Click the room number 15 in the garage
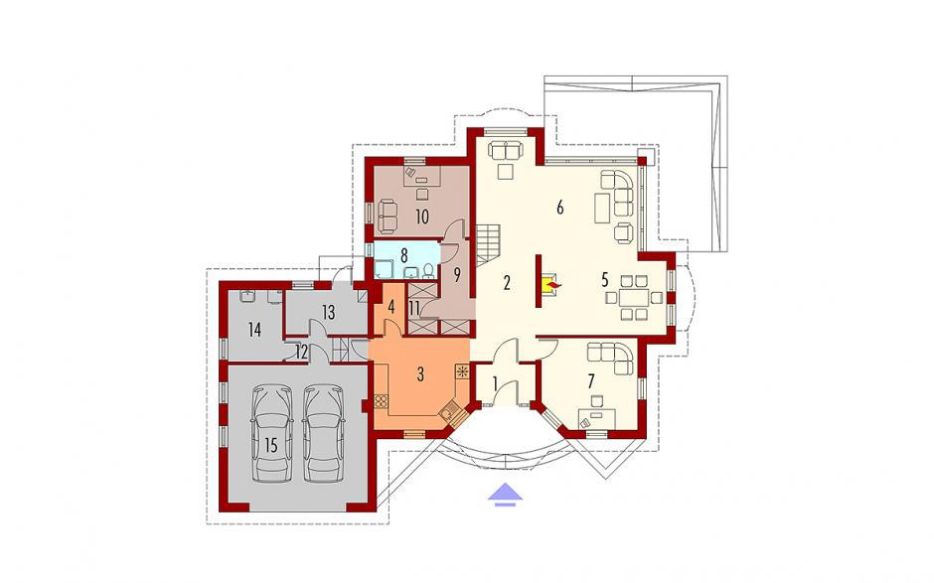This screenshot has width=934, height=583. point(271,445)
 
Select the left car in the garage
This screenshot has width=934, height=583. point(273,434)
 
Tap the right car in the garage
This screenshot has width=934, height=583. point(324,434)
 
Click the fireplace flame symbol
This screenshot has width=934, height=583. point(552,289)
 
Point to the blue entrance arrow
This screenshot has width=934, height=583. point(505,495)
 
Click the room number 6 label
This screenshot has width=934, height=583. point(560,208)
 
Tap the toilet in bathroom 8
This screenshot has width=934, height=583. point(427,272)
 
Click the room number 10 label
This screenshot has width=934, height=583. point(421,217)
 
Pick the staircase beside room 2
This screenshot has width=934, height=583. point(488,244)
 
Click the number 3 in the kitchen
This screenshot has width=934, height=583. point(420,374)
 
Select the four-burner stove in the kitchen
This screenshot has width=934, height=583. point(381,402)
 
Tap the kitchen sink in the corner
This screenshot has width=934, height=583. point(448,411)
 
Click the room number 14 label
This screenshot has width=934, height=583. point(255,330)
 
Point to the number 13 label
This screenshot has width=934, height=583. point(328,312)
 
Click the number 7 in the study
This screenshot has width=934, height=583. point(590,380)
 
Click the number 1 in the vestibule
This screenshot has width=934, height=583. point(496,384)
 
